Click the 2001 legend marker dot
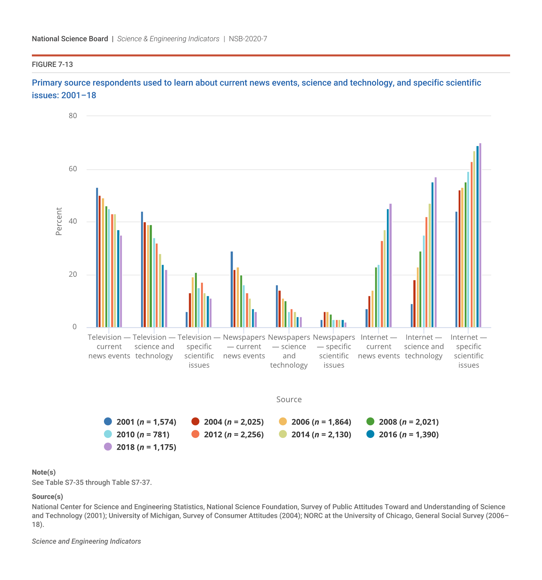[x=108, y=421]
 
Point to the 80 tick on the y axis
[x=73, y=116]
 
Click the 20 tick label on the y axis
[x=73, y=275]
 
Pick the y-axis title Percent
[x=59, y=221]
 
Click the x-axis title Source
[x=289, y=399]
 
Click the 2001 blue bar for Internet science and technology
[x=412, y=316]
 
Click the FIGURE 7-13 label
[x=52, y=65]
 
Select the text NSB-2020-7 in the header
[x=248, y=39]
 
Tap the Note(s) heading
[x=44, y=472]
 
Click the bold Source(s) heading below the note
[x=48, y=497]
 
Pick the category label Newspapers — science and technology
[x=289, y=351]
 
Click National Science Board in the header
[x=70, y=39]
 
